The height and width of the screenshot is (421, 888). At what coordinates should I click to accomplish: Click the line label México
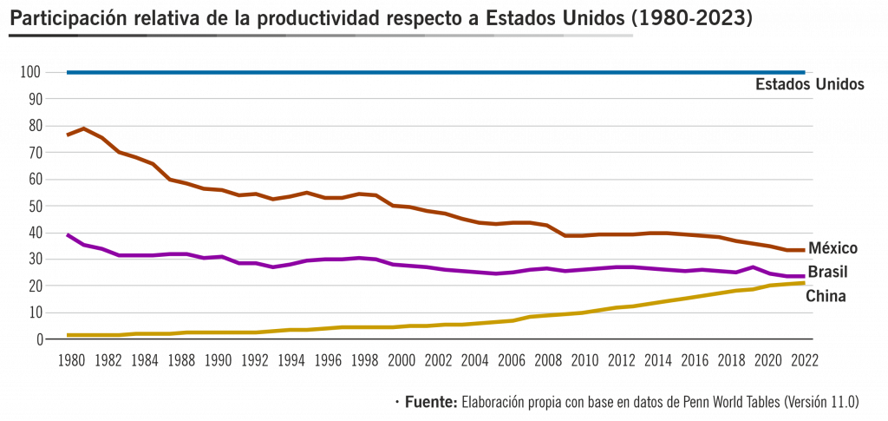[x=832, y=249]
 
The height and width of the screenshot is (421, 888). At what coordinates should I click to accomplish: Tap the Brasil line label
[x=829, y=273]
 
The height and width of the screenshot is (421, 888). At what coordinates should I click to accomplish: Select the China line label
[x=826, y=296]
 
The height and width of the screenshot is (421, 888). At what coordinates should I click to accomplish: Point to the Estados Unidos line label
[x=809, y=85]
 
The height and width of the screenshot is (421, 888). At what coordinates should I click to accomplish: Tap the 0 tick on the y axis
[x=39, y=339]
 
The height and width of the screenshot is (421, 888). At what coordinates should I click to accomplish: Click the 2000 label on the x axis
[x=402, y=359]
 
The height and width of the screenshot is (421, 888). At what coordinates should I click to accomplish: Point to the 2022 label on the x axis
[x=805, y=359]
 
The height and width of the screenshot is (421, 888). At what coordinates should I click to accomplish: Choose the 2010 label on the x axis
[x=584, y=359]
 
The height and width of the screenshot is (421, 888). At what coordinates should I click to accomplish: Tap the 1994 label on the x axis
[x=291, y=359]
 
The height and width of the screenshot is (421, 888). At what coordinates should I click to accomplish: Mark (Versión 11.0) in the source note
[x=820, y=402]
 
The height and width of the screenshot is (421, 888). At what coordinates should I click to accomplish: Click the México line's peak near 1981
[x=83, y=128]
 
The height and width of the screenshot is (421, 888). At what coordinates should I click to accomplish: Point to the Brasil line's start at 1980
[x=69, y=235]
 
